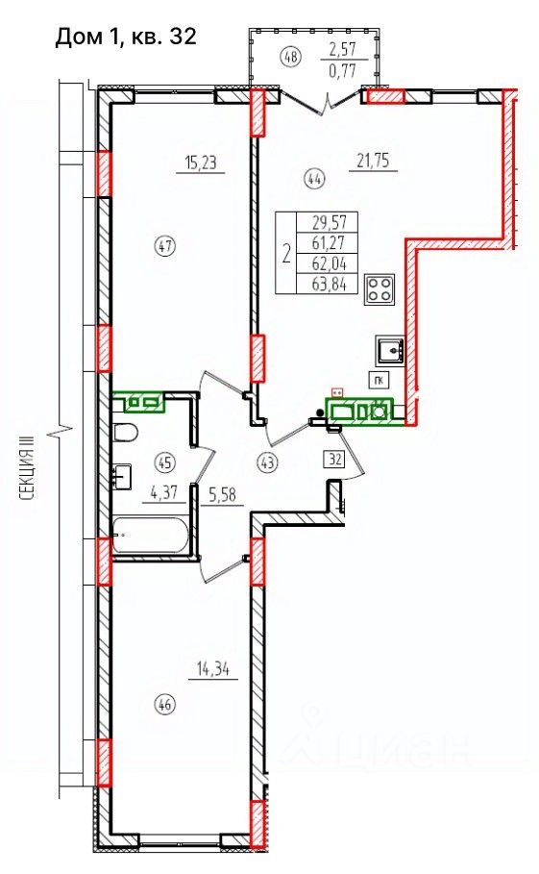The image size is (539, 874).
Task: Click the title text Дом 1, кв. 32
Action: tap(126, 37)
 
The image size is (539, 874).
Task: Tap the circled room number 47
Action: tap(166, 245)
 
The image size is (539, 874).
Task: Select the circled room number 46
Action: tap(166, 705)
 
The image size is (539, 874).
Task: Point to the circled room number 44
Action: tap(314, 179)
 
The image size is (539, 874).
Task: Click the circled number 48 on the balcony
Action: tap(292, 56)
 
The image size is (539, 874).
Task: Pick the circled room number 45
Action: tap(166, 462)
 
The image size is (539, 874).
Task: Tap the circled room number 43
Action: tap(268, 462)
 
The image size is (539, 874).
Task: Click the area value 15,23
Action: tap(201, 163)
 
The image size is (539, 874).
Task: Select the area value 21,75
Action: tap(373, 162)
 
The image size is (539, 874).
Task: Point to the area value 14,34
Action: tap(214, 668)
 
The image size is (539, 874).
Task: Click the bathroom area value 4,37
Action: tap(163, 492)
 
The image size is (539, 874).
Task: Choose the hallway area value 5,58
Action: tap(222, 494)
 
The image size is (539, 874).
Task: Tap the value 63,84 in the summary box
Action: tap(330, 285)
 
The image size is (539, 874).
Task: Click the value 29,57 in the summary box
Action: tap(330, 222)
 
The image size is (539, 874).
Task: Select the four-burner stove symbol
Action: tap(380, 289)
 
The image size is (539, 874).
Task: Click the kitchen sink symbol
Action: tap(390, 350)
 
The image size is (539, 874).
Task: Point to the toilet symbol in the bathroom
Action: tap(125, 433)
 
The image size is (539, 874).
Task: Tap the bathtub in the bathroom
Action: tap(150, 536)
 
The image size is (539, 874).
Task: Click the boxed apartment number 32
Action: tap(335, 460)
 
